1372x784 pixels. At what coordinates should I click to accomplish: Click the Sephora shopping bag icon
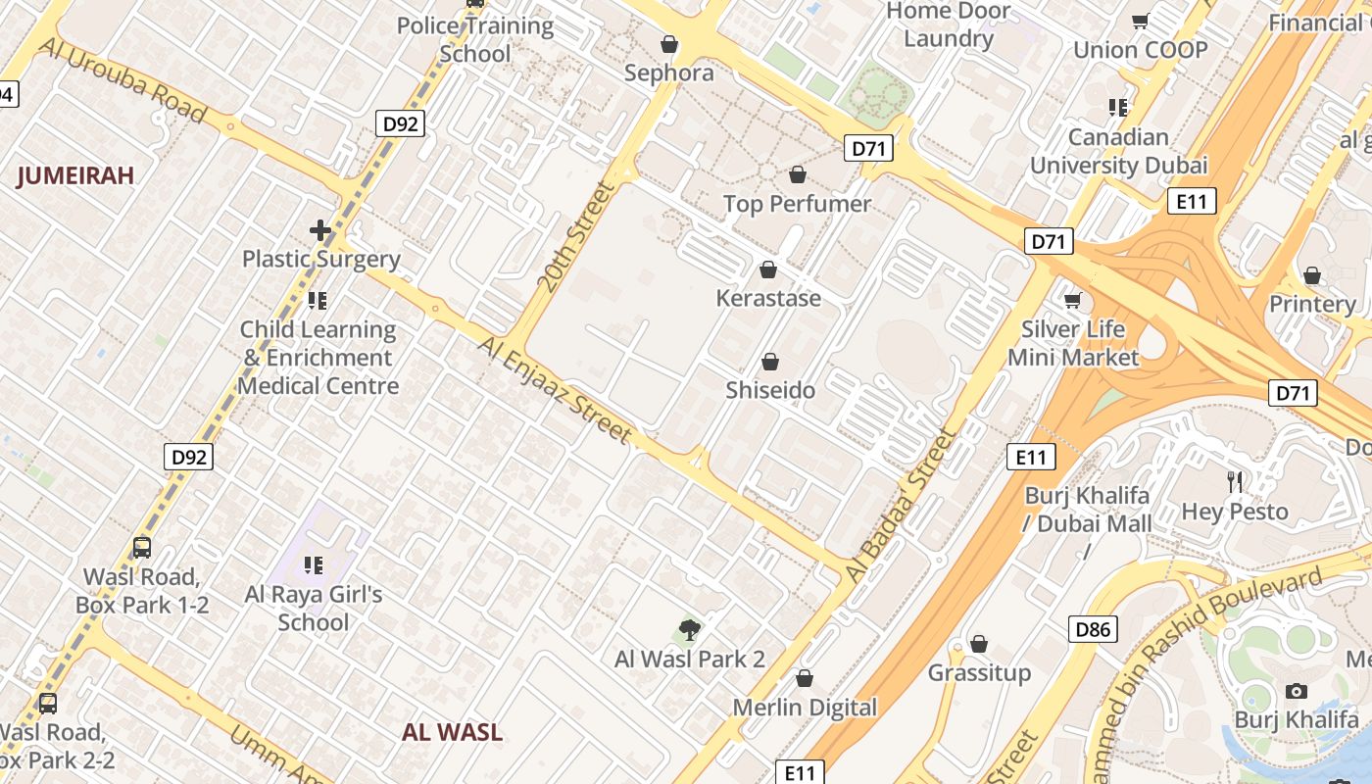pyautogui.click(x=669, y=44)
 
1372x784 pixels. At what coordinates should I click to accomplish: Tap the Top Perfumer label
pyautogui.click(x=797, y=204)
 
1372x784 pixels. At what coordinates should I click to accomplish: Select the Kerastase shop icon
pyautogui.click(x=768, y=269)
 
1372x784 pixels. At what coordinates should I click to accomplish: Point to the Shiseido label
pyautogui.click(x=770, y=391)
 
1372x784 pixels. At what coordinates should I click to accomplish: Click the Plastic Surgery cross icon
pyautogui.click(x=320, y=231)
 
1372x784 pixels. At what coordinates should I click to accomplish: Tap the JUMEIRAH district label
pyautogui.click(x=75, y=176)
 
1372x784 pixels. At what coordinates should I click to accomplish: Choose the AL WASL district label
pyautogui.click(x=452, y=732)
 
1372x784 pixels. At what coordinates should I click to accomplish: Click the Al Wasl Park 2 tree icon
pyautogui.click(x=690, y=630)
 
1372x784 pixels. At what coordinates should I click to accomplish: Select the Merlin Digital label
pyautogui.click(x=805, y=708)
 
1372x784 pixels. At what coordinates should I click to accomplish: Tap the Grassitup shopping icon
pyautogui.click(x=978, y=645)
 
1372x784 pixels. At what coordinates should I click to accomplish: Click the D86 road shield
pyautogui.click(x=1092, y=629)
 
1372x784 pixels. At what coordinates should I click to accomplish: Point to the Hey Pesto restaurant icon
pyautogui.click(x=1235, y=481)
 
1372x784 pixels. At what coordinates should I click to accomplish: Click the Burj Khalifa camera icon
pyautogui.click(x=1297, y=692)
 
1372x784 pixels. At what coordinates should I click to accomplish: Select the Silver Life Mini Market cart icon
pyautogui.click(x=1073, y=300)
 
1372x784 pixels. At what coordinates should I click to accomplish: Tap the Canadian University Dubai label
pyautogui.click(x=1118, y=151)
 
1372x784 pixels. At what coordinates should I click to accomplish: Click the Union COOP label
pyautogui.click(x=1140, y=50)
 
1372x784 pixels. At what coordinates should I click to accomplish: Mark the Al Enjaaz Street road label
pyautogui.click(x=555, y=389)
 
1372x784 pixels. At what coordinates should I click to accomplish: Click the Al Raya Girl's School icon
pyautogui.click(x=314, y=564)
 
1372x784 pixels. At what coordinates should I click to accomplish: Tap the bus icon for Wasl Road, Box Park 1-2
pyautogui.click(x=142, y=548)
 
